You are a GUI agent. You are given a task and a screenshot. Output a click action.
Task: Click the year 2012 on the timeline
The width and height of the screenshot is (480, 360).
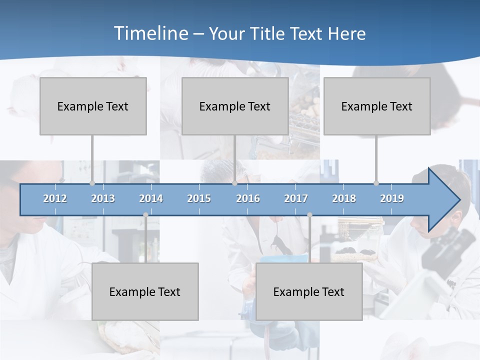(x=55, y=198)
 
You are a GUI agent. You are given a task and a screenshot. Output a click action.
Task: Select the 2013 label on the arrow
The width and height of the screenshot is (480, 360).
(x=103, y=198)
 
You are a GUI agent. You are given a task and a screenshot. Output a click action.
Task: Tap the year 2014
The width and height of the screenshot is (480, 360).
(x=151, y=198)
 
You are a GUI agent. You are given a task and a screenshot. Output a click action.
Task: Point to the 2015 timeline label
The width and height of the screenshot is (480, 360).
(x=199, y=198)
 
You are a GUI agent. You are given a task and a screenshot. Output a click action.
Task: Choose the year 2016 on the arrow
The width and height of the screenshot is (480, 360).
(x=248, y=198)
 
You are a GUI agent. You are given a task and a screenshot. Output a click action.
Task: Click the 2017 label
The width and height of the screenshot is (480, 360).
(x=296, y=198)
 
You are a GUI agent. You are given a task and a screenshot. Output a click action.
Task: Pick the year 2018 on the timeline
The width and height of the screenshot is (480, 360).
(x=344, y=198)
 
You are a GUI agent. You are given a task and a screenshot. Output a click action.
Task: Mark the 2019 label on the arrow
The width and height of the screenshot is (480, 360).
(x=392, y=198)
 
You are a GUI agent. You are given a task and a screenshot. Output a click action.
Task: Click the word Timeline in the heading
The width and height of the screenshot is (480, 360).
(x=150, y=33)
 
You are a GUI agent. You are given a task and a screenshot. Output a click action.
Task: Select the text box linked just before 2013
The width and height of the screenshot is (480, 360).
(x=93, y=106)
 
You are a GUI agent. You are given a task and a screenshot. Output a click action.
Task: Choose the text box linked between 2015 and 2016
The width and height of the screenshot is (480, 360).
(x=235, y=106)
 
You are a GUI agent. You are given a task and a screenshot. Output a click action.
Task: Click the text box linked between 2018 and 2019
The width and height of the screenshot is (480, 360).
(x=377, y=106)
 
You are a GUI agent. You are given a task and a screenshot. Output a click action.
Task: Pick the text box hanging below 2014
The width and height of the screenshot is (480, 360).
(x=145, y=291)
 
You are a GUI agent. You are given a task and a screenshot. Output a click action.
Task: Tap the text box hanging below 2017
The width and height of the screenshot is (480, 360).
(x=309, y=291)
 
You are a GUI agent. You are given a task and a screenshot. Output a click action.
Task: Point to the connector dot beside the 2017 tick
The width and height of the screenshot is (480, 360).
(x=309, y=214)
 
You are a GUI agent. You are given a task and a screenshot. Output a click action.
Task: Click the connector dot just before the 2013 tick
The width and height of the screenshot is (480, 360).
(x=92, y=183)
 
